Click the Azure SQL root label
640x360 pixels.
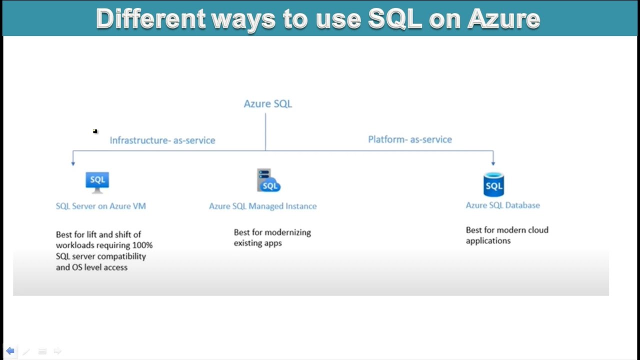[267, 104]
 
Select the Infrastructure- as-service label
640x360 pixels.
[162, 140]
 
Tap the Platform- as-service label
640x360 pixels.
[410, 139]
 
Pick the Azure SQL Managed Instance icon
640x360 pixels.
[268, 180]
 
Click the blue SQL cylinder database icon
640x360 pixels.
[493, 184]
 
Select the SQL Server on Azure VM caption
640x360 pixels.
[101, 206]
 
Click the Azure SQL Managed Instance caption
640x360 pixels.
[262, 206]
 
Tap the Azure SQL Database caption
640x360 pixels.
[502, 205]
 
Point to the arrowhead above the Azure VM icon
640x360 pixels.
[73, 162]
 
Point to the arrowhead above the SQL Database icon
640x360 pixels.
[493, 162]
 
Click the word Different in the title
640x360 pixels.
[150, 19]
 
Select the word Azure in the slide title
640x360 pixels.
[503, 19]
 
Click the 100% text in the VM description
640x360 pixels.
[142, 245]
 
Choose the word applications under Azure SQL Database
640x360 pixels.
[488, 241]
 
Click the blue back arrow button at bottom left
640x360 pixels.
[10, 351]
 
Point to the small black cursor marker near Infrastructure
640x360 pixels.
[95, 131]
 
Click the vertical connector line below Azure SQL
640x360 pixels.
[265, 131]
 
